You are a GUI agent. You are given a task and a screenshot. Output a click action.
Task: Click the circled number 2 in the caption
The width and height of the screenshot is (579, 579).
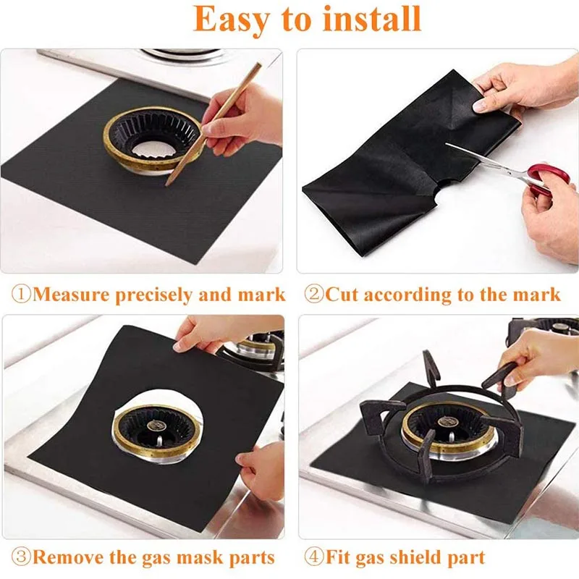click(x=313, y=295)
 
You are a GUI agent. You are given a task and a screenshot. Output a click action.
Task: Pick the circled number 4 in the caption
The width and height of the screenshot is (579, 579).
click(x=313, y=558)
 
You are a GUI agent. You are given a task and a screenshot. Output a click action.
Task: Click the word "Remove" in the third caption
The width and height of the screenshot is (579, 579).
click(x=65, y=558)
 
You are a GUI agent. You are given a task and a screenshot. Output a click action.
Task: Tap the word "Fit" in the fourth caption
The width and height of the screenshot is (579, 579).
click(x=337, y=558)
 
